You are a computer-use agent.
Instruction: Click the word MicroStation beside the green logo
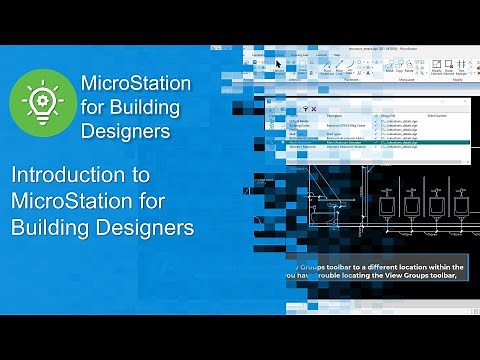[129, 82]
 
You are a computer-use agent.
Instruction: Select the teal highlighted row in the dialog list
[380, 143]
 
